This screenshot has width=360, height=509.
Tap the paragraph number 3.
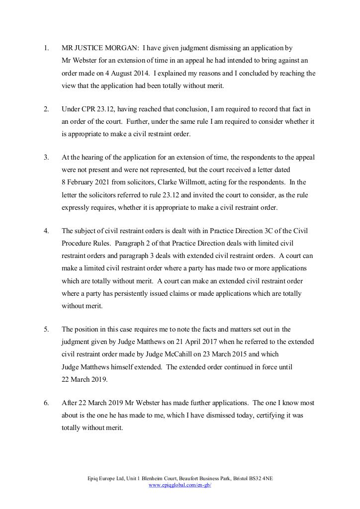pyautogui.click(x=46, y=157)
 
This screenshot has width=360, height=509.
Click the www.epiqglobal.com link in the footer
pyautogui.click(x=180, y=485)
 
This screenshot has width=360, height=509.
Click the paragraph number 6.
pyautogui.click(x=46, y=403)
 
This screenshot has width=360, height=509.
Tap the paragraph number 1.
pyautogui.click(x=46, y=48)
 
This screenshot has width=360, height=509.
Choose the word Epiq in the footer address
pyautogui.click(x=93, y=478)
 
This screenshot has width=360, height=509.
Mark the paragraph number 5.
pyautogui.click(x=46, y=329)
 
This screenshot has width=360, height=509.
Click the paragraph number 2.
pyautogui.click(x=46, y=109)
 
